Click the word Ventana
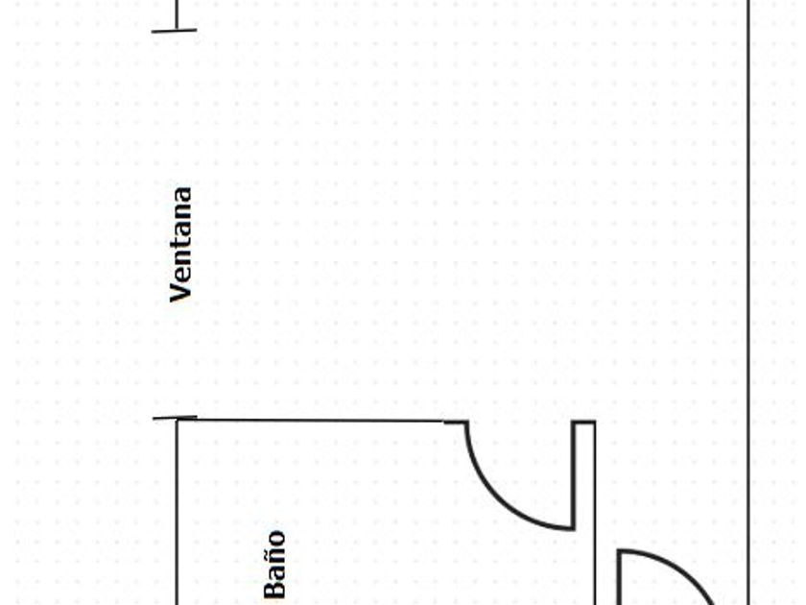180,245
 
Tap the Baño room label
275,564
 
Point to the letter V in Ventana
180,292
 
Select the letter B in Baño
275,588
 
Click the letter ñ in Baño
275,556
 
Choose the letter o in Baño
276,539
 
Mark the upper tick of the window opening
175,31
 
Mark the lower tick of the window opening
176,418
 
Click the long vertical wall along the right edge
748,288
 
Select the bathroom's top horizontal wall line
317,421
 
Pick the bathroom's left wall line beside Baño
177,519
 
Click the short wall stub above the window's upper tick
177,13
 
